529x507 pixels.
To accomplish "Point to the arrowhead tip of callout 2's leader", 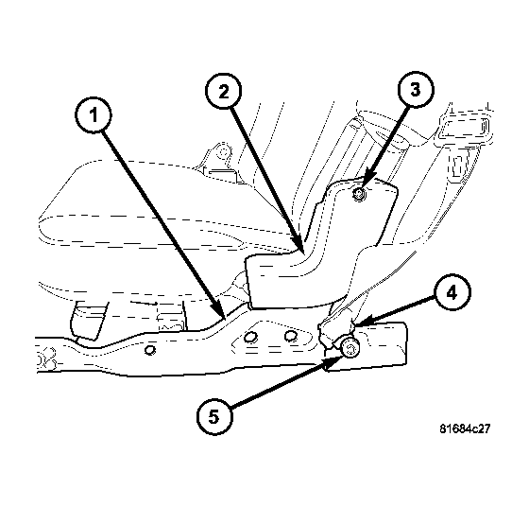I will tap(301, 251).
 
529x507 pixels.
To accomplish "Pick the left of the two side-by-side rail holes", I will tap(250, 338).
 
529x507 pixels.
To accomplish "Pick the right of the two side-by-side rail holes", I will tap(289, 337).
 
